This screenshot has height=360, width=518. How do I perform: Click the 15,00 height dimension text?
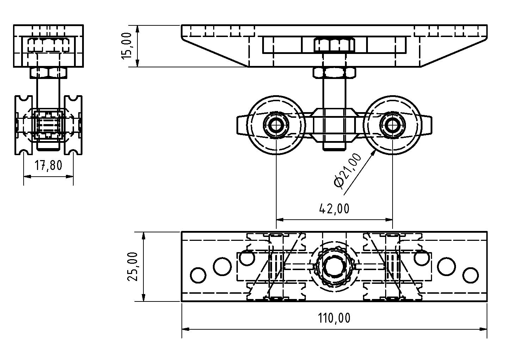coord(128,46)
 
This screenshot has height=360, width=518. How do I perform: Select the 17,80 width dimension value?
coord(48,165)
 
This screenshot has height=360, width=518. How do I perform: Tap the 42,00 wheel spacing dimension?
coord(334,209)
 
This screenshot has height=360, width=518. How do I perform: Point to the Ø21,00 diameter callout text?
coord(348,171)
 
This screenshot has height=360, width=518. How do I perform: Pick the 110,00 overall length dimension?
coord(334,318)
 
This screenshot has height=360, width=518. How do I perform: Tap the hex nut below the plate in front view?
coord(334,73)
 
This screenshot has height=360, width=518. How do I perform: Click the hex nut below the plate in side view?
coord(48,73)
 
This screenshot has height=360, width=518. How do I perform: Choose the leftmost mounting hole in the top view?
coord(198,275)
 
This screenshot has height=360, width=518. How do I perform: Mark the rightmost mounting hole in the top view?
coord(470,275)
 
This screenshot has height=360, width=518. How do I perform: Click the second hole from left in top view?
coord(222,266)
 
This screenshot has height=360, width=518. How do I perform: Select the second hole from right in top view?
coord(446,266)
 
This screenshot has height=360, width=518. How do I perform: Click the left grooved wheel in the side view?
coord(24,125)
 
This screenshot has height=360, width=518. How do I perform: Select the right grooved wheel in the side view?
coord(73,125)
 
